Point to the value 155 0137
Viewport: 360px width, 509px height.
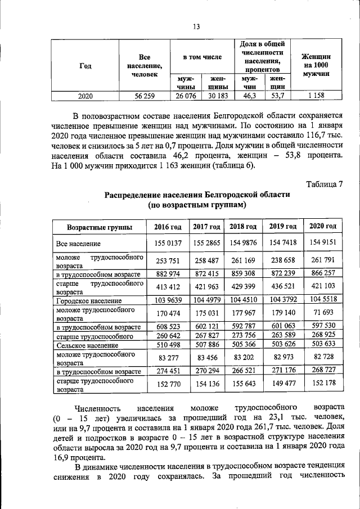167,243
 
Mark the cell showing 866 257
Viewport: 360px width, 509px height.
323,273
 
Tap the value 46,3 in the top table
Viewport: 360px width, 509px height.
246,96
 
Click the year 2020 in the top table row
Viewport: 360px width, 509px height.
85,96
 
